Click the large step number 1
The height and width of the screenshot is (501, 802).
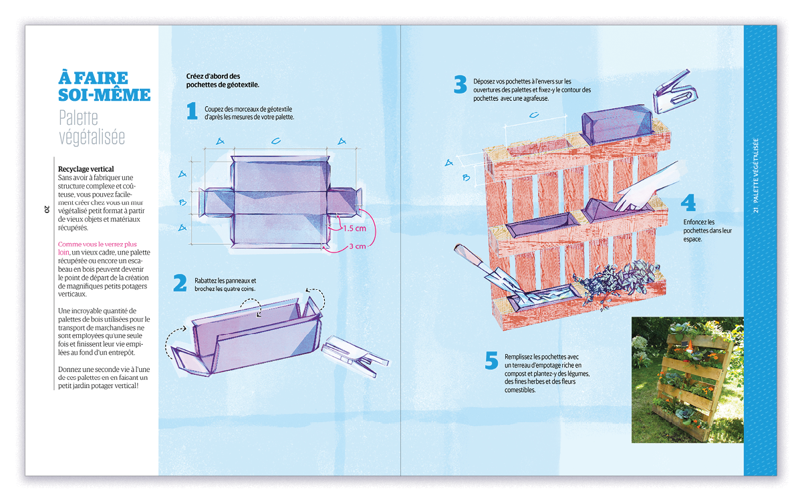192,112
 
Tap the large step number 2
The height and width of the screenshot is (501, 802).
180,284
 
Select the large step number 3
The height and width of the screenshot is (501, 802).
460,85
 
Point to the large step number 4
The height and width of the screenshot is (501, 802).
688,203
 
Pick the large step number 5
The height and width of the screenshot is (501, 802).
492,361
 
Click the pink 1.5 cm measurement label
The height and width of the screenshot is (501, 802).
354,228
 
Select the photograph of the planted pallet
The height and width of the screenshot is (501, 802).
687,379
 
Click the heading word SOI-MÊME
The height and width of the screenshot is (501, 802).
104,94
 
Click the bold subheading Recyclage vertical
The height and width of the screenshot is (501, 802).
86,169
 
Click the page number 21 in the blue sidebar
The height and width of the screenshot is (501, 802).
755,209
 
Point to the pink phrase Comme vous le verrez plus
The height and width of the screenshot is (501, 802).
98,244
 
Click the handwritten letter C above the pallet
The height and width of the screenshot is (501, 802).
534,115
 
